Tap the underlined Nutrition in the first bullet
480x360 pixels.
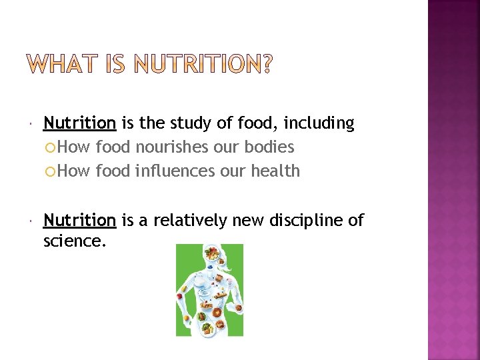(x=79, y=123)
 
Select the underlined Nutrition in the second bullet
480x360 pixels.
(x=79, y=221)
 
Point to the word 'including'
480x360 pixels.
(x=319, y=123)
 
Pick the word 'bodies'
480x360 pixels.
(x=271, y=147)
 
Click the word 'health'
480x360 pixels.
(x=275, y=171)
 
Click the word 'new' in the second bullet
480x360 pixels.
(x=248, y=221)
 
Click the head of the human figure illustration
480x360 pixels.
(x=213, y=254)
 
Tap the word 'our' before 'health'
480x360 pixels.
(x=233, y=171)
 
